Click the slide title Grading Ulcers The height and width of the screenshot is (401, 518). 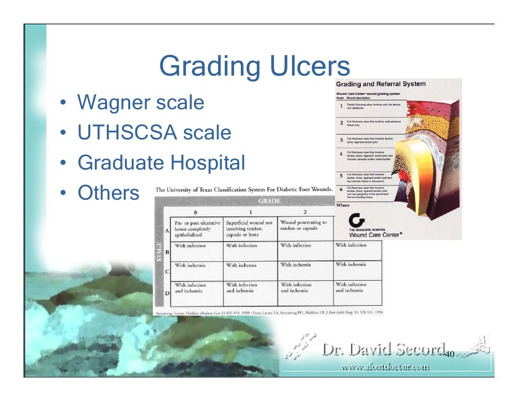254,66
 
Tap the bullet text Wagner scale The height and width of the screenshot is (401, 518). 140,103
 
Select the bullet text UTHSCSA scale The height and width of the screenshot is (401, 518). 154,132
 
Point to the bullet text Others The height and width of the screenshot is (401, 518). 108,193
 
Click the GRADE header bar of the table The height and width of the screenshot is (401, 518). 269,201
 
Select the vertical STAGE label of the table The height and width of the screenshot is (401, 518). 160,251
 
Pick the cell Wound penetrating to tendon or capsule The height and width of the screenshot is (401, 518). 303,225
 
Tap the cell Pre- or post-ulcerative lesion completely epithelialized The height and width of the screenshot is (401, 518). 197,229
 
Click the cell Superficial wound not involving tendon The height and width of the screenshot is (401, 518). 249,229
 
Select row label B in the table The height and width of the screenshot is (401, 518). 167,252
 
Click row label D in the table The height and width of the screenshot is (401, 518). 167,293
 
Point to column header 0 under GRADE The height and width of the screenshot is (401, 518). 195,212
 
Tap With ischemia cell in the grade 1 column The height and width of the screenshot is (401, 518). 242,266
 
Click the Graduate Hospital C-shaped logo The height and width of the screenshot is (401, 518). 356,220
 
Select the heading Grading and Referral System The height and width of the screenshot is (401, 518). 380,84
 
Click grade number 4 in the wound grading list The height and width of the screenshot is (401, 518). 341,154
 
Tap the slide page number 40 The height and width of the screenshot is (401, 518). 450,355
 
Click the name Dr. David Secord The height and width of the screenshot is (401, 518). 383,350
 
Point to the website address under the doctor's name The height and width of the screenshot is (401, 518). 385,367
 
